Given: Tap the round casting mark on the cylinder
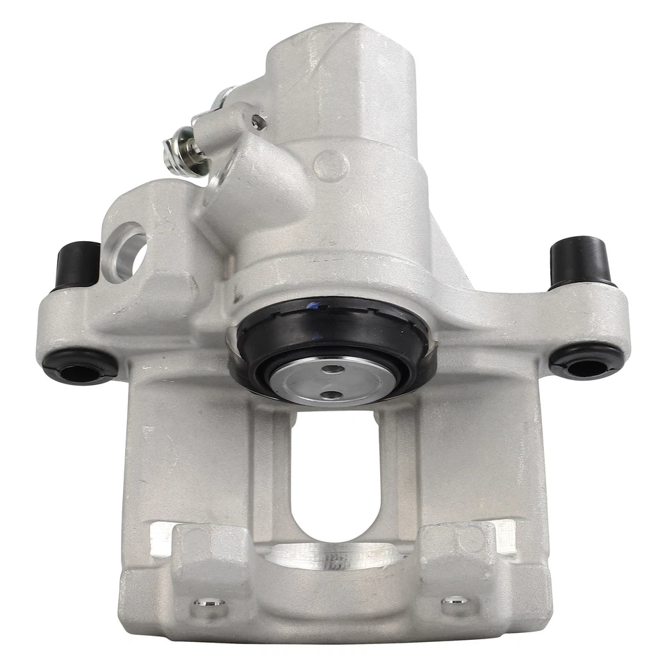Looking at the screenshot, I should click(331, 165).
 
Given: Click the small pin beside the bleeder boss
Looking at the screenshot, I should click(259, 123).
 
